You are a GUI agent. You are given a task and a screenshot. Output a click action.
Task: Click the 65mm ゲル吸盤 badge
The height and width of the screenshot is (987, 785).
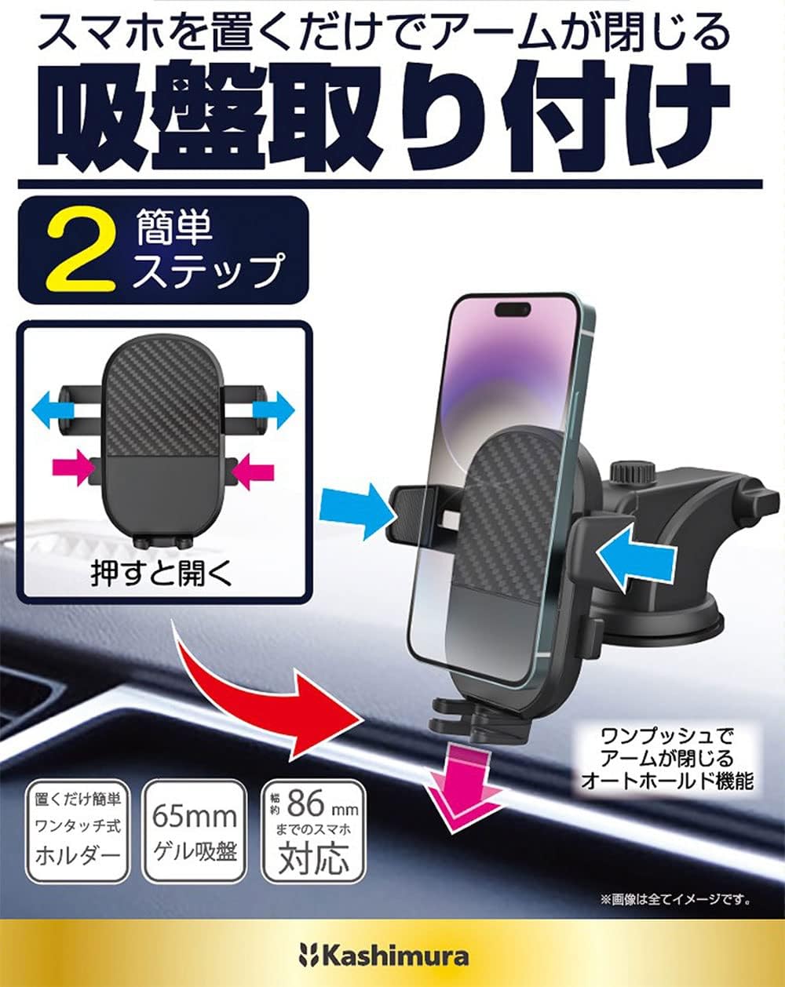tap(194, 832)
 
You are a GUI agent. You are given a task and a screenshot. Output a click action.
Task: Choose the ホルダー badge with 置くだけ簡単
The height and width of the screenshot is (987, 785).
tap(77, 832)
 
